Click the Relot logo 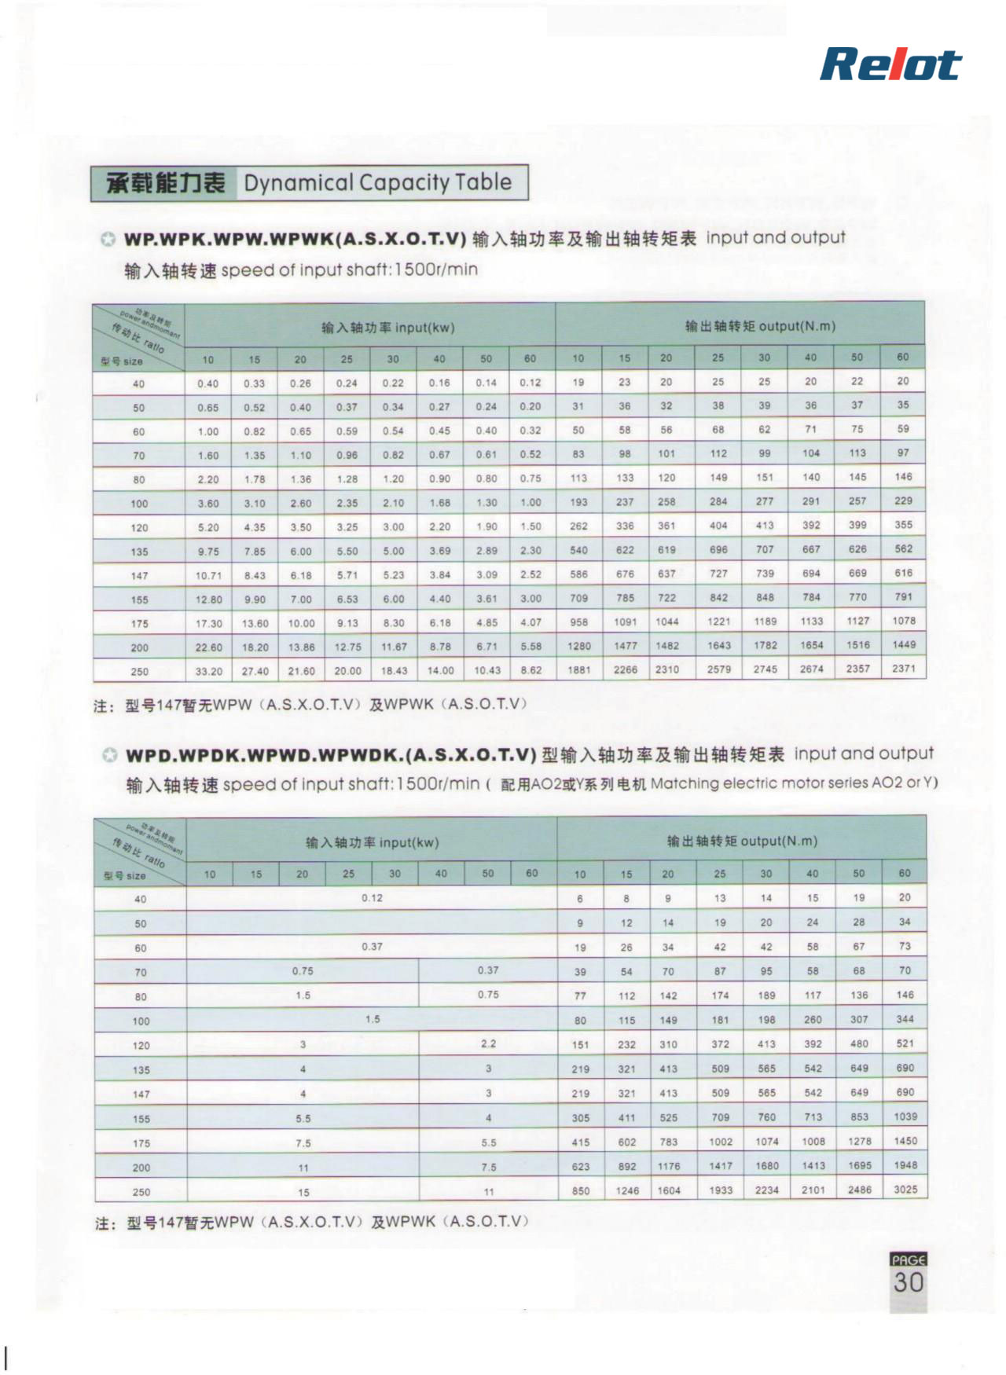tap(890, 65)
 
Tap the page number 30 tap(909, 1282)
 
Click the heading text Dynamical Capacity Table tap(377, 183)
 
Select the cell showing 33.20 tap(208, 672)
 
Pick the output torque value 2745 tap(765, 669)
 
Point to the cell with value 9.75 tap(208, 552)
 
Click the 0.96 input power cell tap(347, 455)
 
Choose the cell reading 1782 tap(765, 645)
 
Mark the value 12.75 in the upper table tap(347, 647)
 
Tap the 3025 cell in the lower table tap(905, 1190)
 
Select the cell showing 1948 tap(905, 1165)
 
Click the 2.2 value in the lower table tap(488, 1044)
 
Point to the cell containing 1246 tap(627, 1190)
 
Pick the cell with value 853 tap(859, 1117)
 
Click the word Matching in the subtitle tap(684, 783)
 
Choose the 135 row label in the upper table tap(139, 552)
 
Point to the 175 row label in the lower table tap(141, 1143)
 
